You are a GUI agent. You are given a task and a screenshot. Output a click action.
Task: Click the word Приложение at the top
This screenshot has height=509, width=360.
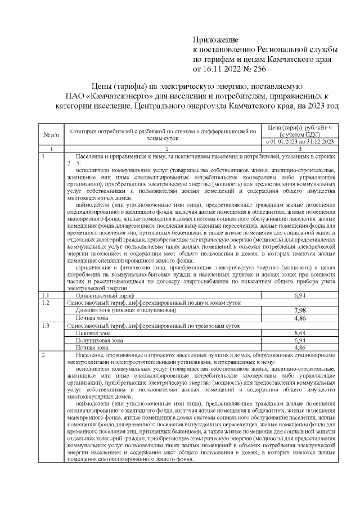coord(216,40)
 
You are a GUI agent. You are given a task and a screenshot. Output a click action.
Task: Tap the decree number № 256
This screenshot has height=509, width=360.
coord(253,69)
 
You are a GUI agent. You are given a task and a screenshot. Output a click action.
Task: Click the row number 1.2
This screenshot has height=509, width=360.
coord(46,303)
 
